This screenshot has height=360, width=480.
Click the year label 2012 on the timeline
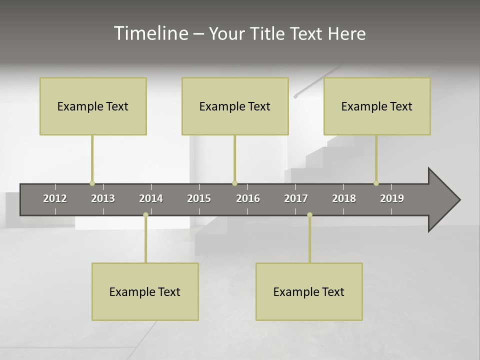coord(55,198)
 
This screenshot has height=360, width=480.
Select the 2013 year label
coord(103,198)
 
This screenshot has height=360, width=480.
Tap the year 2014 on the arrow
coord(151,198)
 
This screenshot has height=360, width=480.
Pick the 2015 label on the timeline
coord(199,198)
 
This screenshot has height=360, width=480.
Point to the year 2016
coord(248,198)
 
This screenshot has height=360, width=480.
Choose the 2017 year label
coord(296,198)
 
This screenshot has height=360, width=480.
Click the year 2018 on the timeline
coord(344,198)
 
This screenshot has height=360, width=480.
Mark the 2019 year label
coord(392,198)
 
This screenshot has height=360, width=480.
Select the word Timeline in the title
coord(150,33)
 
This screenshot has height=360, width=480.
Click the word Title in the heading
coord(267,33)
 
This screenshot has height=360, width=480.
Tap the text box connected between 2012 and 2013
coord(93,106)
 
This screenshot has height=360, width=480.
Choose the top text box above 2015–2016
coord(235,106)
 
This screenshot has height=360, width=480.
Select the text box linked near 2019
coord(377,106)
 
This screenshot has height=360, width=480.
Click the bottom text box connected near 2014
coord(145,291)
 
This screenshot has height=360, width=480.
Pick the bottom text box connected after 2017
coord(309,291)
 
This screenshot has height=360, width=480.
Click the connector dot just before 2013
coord(92,183)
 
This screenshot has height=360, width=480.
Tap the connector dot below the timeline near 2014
coord(145,215)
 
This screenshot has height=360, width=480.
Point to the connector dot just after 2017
coord(309,215)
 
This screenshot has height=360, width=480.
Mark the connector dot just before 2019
coord(376,183)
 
